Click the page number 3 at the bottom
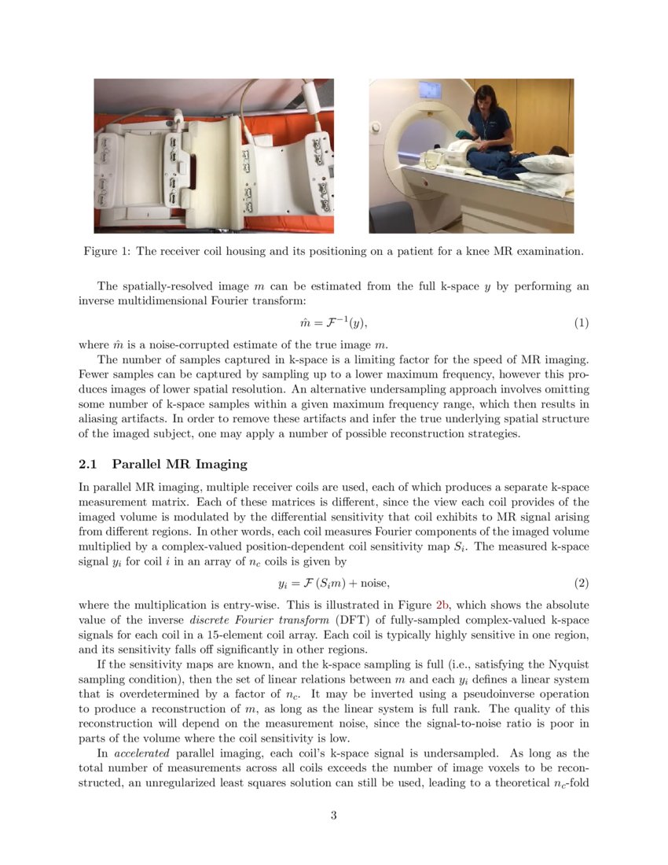click(x=333, y=815)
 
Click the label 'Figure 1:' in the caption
click(x=108, y=252)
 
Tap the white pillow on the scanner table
click(x=545, y=163)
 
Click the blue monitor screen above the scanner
click(x=428, y=90)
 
